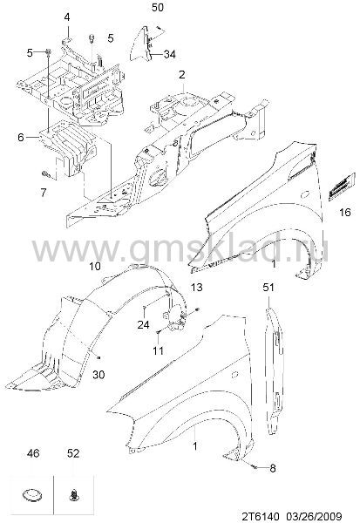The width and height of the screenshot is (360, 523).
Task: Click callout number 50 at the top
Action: click(158, 7)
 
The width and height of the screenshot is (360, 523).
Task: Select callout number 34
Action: click(169, 54)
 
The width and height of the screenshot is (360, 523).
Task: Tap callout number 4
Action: click(67, 17)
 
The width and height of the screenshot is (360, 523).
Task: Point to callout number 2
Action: click(181, 75)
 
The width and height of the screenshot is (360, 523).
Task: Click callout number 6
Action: click(21, 137)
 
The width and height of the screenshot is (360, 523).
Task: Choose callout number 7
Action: click(44, 193)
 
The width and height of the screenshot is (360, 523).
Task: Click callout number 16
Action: click(345, 212)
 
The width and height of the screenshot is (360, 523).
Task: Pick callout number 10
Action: click(95, 266)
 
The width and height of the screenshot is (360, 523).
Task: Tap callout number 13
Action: click(196, 287)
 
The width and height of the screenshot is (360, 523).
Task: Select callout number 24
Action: click(144, 324)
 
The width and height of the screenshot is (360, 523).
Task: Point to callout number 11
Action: click(158, 350)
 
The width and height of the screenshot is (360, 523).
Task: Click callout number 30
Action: click(98, 375)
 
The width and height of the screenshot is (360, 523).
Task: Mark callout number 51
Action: click(268, 287)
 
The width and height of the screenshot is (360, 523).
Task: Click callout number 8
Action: click(273, 468)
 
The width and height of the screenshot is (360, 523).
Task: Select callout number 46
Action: click(33, 453)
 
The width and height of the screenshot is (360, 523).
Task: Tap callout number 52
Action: click(73, 453)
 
